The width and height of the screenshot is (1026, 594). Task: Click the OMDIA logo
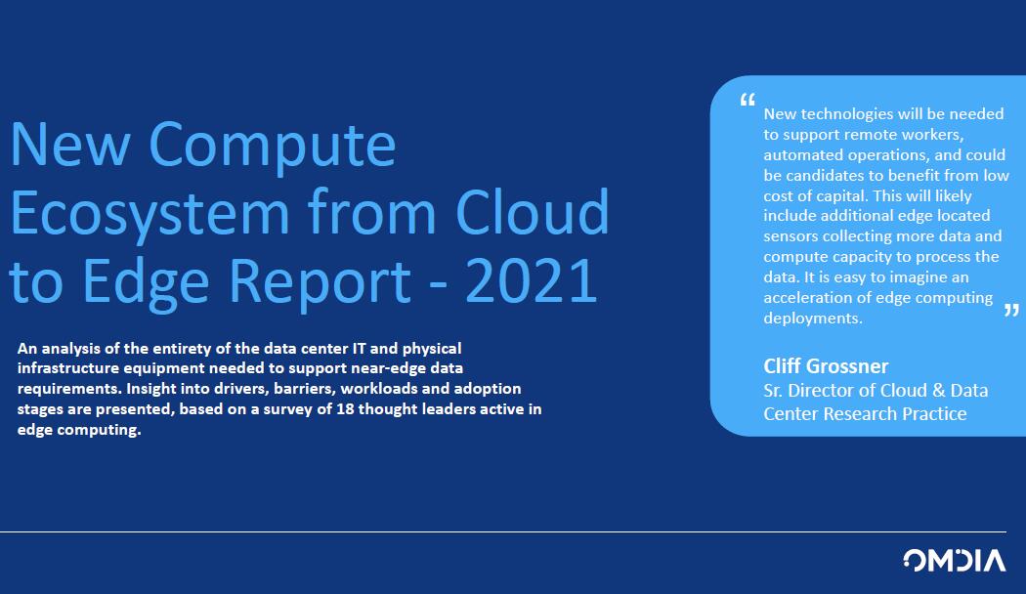point(954,560)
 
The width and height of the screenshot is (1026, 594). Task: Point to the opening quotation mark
point(748,100)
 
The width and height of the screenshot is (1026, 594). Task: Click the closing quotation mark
point(1011,310)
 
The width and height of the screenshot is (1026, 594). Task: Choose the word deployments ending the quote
point(813,318)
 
